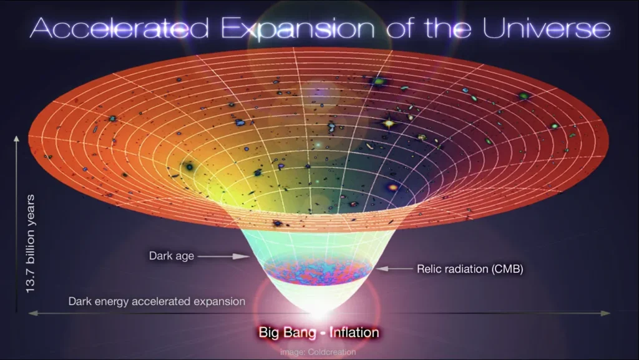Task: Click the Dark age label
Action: pos(171,256)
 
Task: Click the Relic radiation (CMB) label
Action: pos(469,270)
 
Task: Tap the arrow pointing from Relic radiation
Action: pos(391,270)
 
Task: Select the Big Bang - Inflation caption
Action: pos(319,333)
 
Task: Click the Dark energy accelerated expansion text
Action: pos(157,301)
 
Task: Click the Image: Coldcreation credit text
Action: pos(318,352)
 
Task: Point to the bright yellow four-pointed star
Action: pos(389,124)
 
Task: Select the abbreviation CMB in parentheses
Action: pos(507,270)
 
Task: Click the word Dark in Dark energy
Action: pos(80,301)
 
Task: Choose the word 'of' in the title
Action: pos(406,29)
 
